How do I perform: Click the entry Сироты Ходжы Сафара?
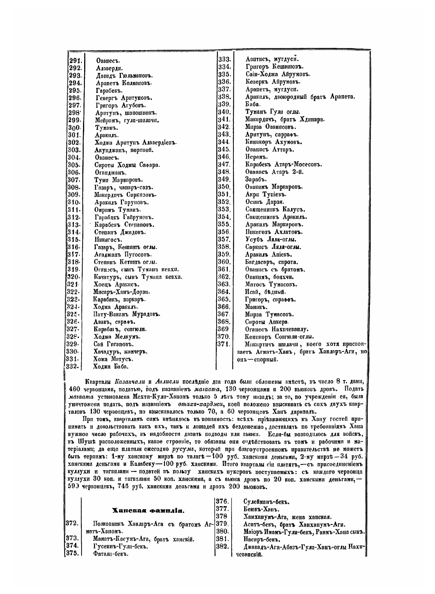tap(127, 165)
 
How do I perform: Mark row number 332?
tap(71, 367)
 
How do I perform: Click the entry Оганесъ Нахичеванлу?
tap(276, 329)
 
